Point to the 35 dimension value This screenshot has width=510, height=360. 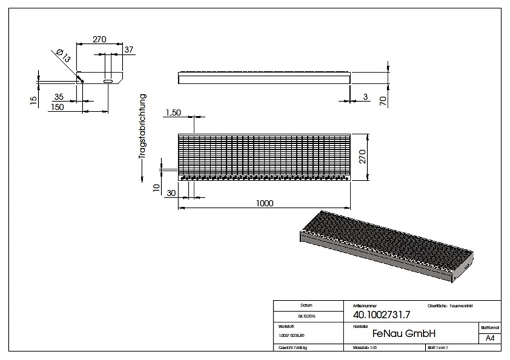point(59,96)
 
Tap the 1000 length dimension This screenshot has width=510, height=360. point(264,203)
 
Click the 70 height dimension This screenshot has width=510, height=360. point(384,99)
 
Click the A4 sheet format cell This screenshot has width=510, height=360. point(490,338)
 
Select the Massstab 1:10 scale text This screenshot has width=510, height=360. point(365,348)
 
